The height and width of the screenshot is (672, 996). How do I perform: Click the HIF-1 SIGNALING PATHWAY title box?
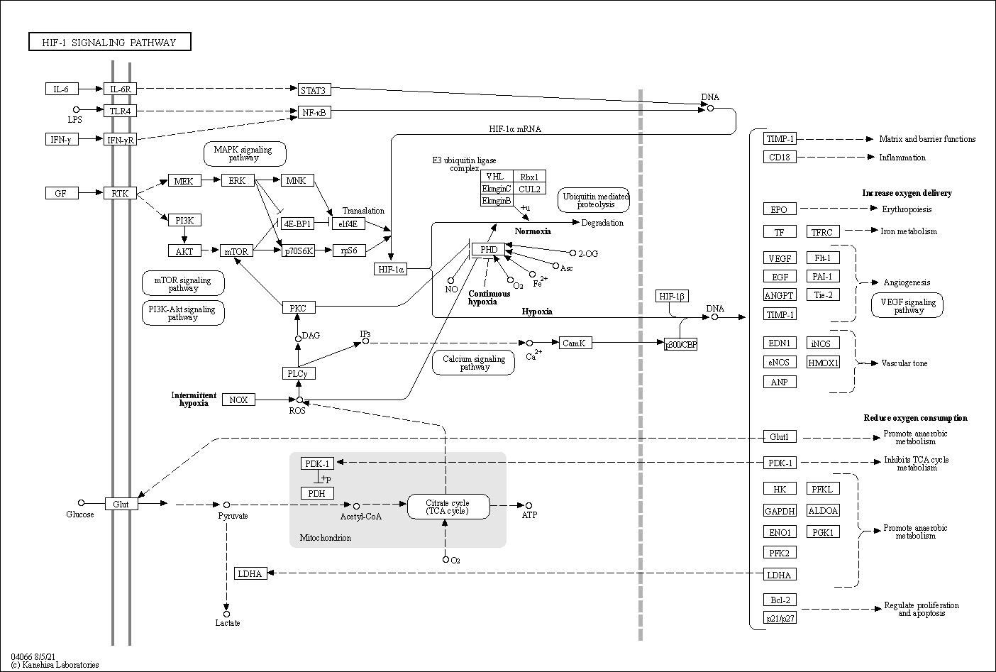[x=110, y=42]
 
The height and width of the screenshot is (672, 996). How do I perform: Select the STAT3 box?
[x=313, y=89]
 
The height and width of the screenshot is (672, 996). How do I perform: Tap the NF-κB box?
[x=313, y=111]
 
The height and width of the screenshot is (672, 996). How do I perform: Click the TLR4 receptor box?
[x=120, y=111]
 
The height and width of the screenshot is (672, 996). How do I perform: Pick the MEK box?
[x=184, y=181]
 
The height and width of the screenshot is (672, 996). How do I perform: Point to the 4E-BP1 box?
[x=297, y=224]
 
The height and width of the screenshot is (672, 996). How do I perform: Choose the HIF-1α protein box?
[x=391, y=269]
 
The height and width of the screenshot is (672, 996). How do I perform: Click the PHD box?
[x=488, y=249]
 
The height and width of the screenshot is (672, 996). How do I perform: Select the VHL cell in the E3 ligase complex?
[x=494, y=177]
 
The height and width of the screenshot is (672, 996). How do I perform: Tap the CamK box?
[x=574, y=343]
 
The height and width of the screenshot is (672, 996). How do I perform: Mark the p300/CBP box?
[x=680, y=344]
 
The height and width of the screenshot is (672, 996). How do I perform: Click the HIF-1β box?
[x=672, y=296]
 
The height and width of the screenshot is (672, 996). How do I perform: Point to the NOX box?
[x=238, y=400]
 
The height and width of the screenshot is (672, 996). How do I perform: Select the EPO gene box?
[x=779, y=209]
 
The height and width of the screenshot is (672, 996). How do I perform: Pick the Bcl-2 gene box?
[x=779, y=600]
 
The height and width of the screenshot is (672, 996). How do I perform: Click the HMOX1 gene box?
[x=823, y=363]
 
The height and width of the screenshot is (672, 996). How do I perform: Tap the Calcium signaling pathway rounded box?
[x=474, y=363]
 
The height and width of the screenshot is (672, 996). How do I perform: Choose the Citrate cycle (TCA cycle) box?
[x=448, y=507]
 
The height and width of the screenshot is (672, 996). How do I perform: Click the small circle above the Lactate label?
[x=227, y=614]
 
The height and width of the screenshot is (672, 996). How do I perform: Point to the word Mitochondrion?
[x=325, y=538]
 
